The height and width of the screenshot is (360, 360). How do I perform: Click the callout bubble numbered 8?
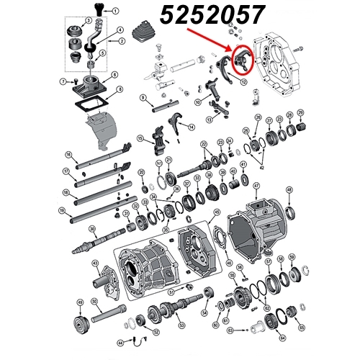(120, 90)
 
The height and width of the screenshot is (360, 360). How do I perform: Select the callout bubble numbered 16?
(68, 155)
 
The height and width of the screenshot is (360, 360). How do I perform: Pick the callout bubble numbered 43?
(95, 265)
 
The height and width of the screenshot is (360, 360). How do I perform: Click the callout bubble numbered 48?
(289, 191)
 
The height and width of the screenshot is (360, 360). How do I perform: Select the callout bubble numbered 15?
(141, 138)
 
